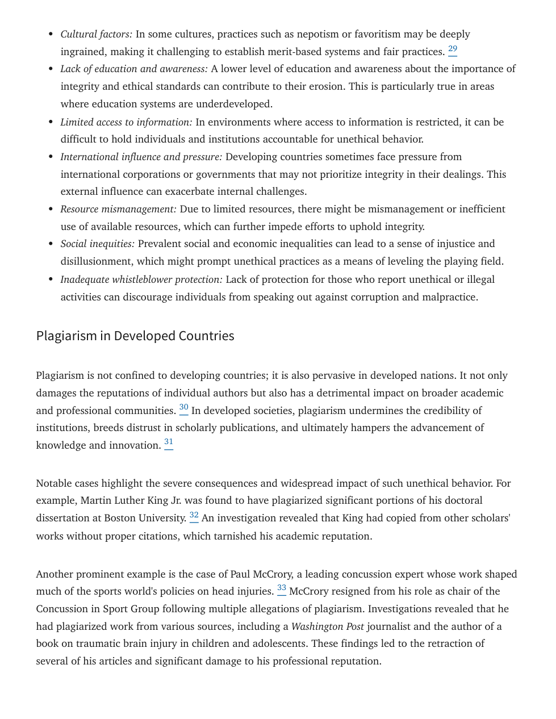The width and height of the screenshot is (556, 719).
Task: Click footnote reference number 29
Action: coord(453,49)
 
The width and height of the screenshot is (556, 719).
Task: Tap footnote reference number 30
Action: coord(184,408)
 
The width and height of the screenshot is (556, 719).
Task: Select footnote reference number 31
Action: coord(169,442)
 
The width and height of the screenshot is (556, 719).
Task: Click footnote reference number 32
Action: coord(194,516)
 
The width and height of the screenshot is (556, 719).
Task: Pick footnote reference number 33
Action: coord(282,588)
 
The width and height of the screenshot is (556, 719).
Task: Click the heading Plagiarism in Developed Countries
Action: coord(135,336)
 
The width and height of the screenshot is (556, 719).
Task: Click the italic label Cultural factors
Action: coord(96,34)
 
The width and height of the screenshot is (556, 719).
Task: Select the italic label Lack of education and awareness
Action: coord(134,69)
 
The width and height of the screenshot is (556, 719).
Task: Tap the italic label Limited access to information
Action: coord(126,122)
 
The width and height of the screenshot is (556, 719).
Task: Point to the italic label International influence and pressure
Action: coord(141,157)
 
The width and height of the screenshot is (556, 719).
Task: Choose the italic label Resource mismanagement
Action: coord(118,209)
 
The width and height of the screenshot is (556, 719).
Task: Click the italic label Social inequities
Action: coord(97,244)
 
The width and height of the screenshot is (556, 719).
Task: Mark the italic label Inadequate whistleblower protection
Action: coord(141,279)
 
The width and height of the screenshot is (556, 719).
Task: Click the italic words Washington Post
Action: coord(328,626)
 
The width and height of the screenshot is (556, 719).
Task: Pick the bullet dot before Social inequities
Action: coord(51,244)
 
